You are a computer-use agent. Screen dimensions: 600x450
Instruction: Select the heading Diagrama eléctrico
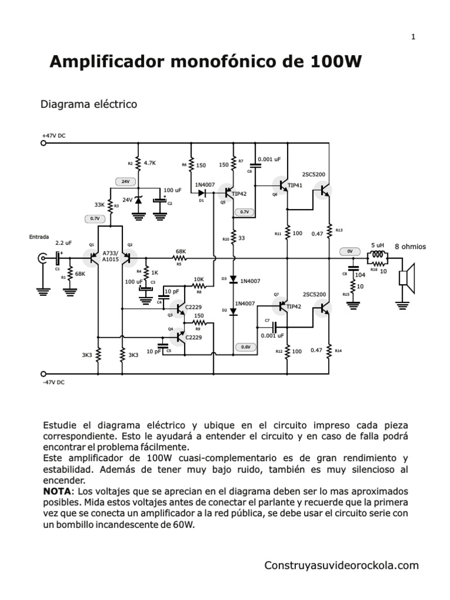tap(88, 104)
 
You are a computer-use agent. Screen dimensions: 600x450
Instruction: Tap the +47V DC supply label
tap(53, 135)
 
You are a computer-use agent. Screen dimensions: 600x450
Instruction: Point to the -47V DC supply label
tap(54, 382)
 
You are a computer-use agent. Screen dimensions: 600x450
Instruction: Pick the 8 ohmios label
tap(410, 247)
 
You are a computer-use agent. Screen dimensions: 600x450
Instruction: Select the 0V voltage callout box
tap(349, 251)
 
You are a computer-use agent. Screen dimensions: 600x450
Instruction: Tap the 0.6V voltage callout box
tap(245, 347)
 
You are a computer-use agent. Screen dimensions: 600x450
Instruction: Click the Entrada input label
tap(39, 237)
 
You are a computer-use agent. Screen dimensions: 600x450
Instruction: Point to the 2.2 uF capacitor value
tap(63, 242)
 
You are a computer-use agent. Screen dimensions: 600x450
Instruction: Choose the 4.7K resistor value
tap(149, 163)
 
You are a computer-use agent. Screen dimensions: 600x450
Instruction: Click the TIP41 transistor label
tap(296, 185)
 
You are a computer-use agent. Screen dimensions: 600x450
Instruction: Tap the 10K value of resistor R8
tap(199, 279)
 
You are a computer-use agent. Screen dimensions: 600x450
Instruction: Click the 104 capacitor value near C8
tap(360, 274)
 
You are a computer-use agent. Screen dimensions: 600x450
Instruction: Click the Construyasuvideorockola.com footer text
tap(342, 565)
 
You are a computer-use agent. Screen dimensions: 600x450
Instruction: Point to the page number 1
tap(413, 37)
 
